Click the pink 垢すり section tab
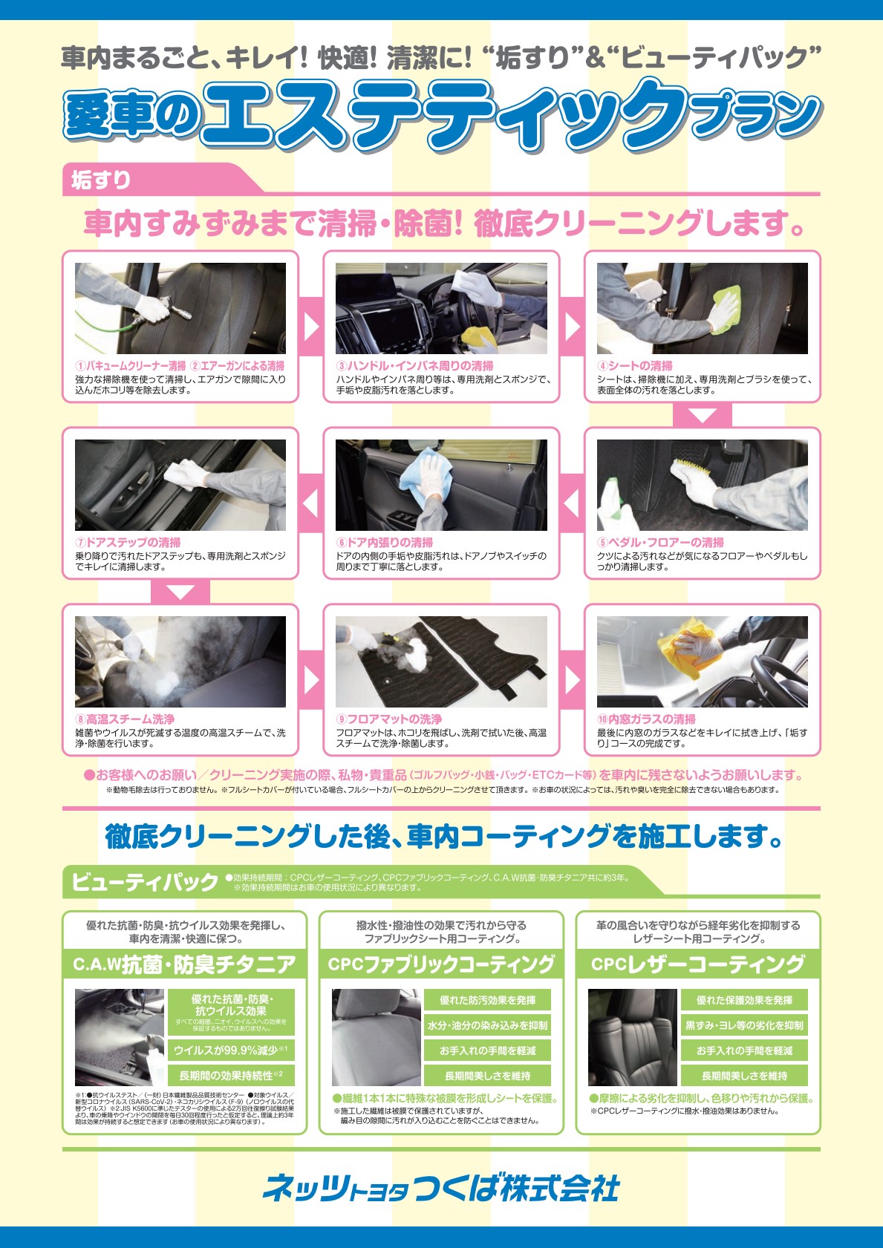[101, 180]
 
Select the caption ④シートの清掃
[636, 365]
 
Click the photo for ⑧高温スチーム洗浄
[180, 661]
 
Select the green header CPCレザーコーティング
[698, 964]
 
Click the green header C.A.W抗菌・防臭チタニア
[184, 964]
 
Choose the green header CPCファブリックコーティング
[441, 964]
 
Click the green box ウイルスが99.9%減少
[231, 1050]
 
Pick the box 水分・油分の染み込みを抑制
[487, 1025]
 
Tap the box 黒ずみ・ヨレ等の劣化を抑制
[744, 1025]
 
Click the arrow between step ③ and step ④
[572, 327]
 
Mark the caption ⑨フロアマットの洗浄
[389, 719]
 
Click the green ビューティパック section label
[145, 881]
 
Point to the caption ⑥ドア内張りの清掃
[385, 542]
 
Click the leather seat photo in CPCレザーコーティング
[632, 1037]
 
